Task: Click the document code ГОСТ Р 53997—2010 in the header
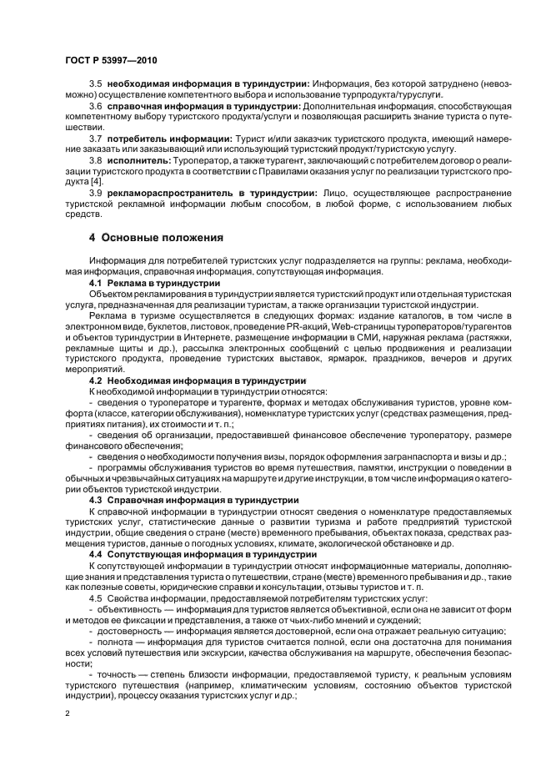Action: pyautogui.click(x=110, y=61)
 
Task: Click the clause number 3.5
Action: pyautogui.click(x=95, y=84)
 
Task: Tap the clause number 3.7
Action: pyautogui.click(x=95, y=136)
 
